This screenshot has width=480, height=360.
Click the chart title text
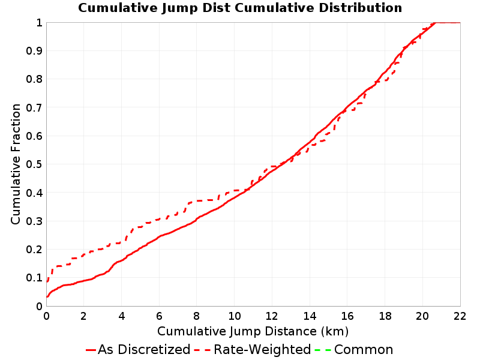pyautogui.click(x=240, y=8)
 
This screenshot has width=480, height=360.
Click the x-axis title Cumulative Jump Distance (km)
pyautogui.click(x=253, y=331)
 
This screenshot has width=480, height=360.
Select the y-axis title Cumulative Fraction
pyautogui.click(x=16, y=164)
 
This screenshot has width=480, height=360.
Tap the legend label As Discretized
pyautogui.click(x=144, y=350)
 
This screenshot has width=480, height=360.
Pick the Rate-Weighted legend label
pyautogui.click(x=262, y=350)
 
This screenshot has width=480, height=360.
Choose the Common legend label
pyautogui.click(x=364, y=350)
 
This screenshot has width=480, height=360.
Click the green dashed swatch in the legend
pyautogui.click(x=323, y=350)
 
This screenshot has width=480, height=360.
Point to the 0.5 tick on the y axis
pyautogui.click(x=34, y=164)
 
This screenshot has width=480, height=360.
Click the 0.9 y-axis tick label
pyautogui.click(x=34, y=50)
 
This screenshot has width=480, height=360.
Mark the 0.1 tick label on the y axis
pyautogui.click(x=34, y=278)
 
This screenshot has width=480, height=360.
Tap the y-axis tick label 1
pyautogui.click(x=39, y=22)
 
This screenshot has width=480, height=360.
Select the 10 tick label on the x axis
pyautogui.click(x=234, y=316)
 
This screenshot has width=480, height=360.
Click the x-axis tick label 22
pyautogui.click(x=460, y=316)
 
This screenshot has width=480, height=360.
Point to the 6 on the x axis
pyautogui.click(x=159, y=316)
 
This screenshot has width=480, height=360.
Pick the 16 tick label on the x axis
pyautogui.click(x=347, y=316)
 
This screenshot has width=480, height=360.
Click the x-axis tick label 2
pyautogui.click(x=84, y=316)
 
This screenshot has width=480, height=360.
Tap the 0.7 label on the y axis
pyautogui.click(x=34, y=107)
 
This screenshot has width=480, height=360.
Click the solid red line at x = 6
pyautogui.click(x=159, y=236)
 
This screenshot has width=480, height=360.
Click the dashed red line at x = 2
pyautogui.click(x=84, y=254)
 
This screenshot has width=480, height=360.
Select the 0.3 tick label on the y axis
pyautogui.click(x=34, y=221)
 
